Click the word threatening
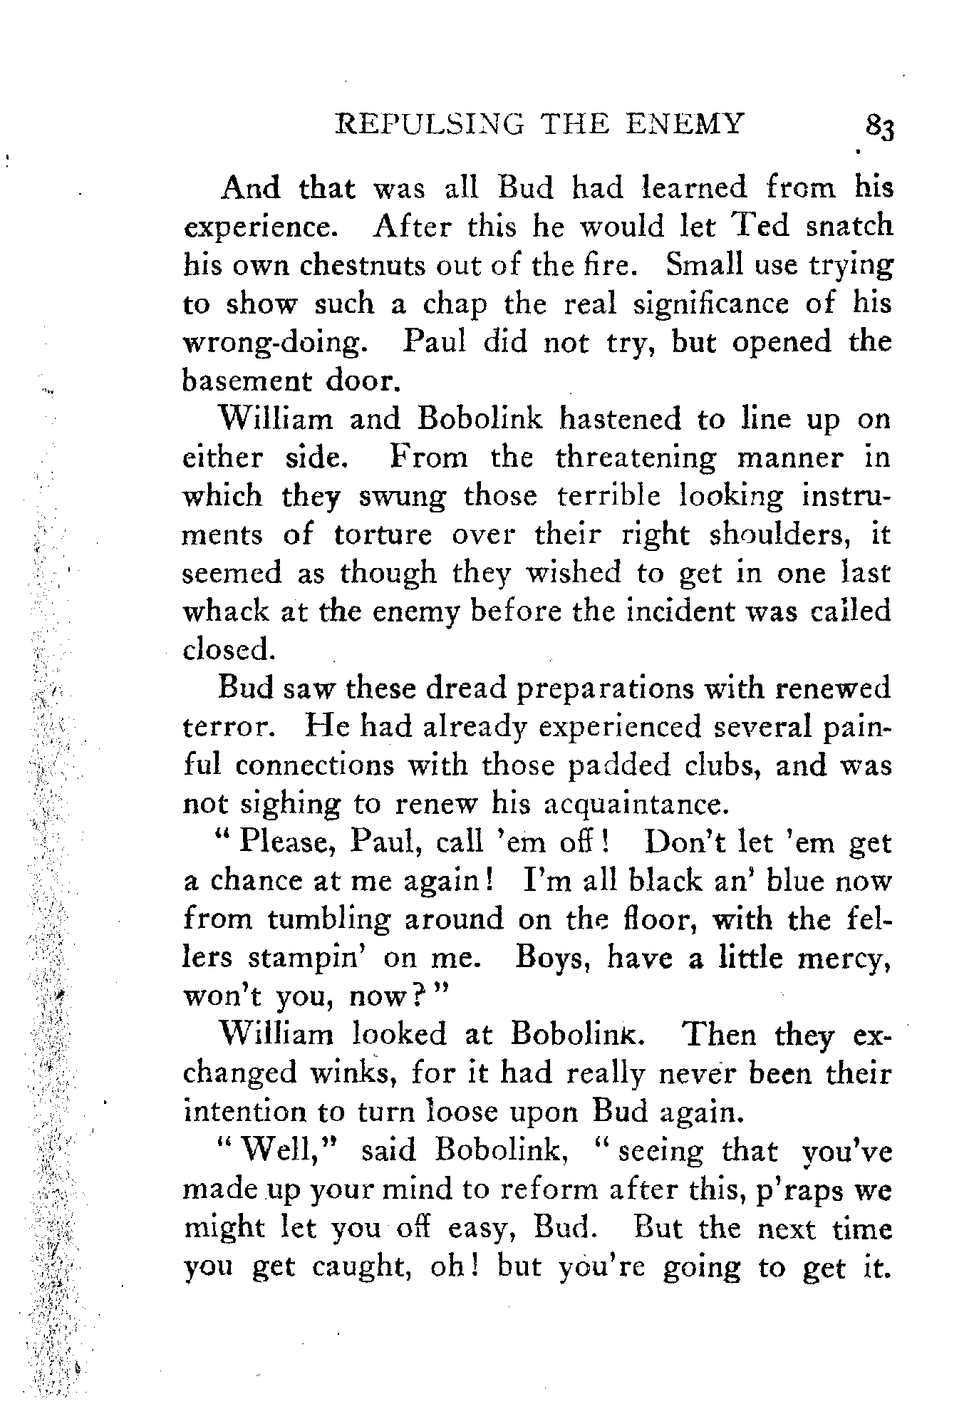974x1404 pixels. coord(636,457)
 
